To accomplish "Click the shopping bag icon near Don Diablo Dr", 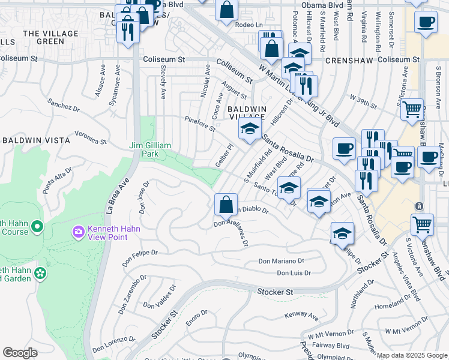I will (x=225, y=205).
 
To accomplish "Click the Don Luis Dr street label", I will (x=294, y=273).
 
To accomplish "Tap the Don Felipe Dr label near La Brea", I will (x=140, y=259).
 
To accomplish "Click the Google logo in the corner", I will (x=20, y=353).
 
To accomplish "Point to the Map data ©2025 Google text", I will (x=412, y=355).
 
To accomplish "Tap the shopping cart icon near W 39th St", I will (x=412, y=110).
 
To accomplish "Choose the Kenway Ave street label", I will (x=301, y=314).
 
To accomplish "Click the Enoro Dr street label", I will (x=196, y=317).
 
